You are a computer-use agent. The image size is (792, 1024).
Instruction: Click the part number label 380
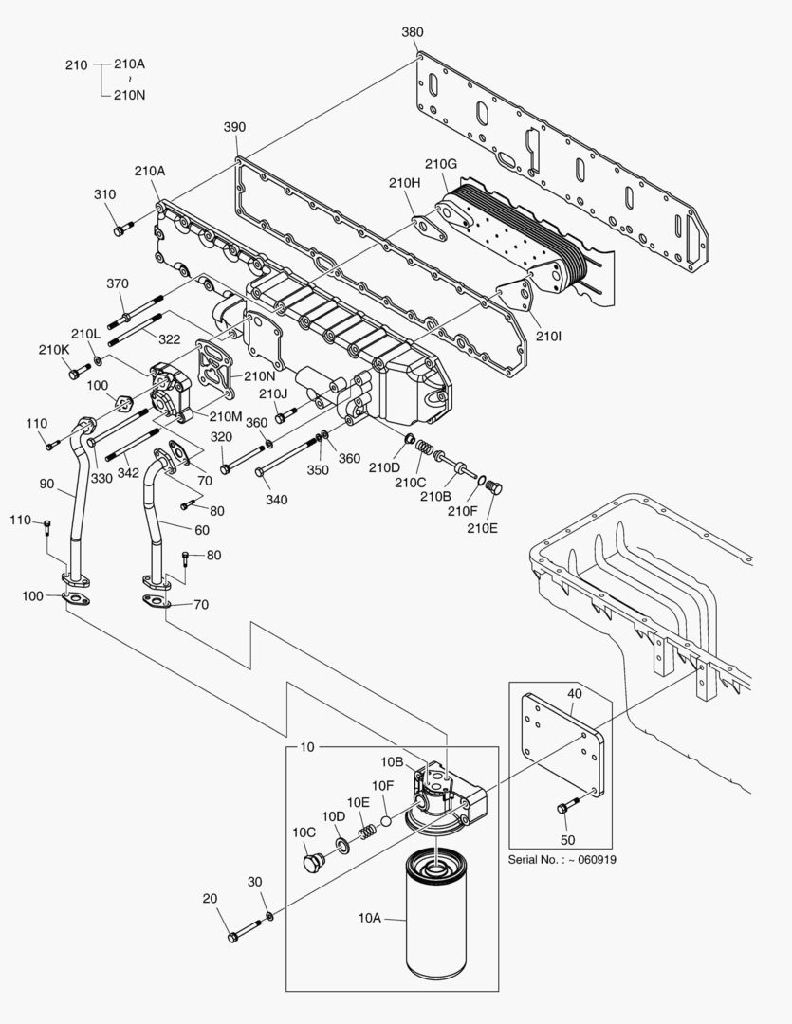(x=412, y=32)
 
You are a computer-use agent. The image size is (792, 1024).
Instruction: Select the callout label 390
(x=234, y=127)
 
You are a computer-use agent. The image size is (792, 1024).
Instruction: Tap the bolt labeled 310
(x=119, y=230)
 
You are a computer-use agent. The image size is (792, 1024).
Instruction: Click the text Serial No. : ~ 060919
(x=563, y=860)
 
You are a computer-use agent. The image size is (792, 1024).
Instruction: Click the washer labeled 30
(x=270, y=916)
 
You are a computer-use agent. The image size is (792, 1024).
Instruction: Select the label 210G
(x=441, y=165)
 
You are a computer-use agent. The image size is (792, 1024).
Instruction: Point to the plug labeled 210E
(x=493, y=487)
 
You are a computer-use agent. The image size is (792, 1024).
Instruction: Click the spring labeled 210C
(x=425, y=447)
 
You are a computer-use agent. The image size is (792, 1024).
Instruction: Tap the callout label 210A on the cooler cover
(x=150, y=172)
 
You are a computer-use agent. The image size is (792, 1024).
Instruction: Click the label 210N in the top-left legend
(x=130, y=94)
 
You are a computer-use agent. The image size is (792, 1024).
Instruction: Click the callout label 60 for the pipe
(x=202, y=530)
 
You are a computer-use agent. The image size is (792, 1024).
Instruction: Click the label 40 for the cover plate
(x=576, y=694)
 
